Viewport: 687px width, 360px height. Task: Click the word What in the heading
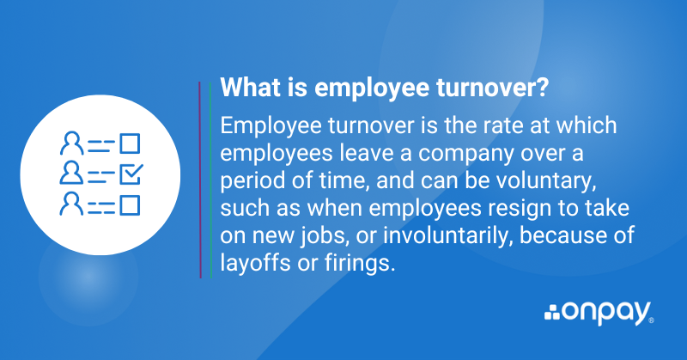click(246, 88)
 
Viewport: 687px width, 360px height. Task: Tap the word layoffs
click(252, 264)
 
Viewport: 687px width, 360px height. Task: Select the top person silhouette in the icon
click(70, 143)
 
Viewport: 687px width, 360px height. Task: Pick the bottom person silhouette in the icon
click(70, 204)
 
